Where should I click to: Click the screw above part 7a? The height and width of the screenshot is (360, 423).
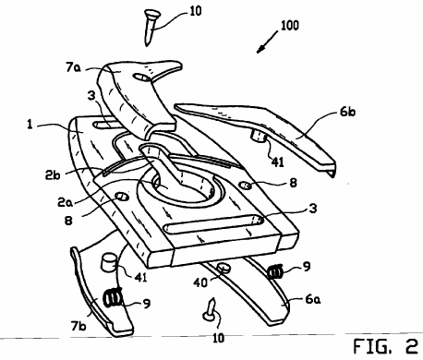click(151, 27)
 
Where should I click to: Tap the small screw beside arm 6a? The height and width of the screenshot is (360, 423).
click(210, 310)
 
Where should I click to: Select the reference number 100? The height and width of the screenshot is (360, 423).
click(289, 26)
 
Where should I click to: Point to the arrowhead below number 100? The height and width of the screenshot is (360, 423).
click(260, 49)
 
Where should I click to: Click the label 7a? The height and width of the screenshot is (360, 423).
click(73, 67)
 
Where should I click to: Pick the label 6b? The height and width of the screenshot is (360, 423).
click(347, 112)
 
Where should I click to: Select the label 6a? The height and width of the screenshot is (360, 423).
click(313, 299)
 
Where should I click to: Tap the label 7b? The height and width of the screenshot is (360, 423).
click(79, 326)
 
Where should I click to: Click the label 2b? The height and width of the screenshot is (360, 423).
click(53, 174)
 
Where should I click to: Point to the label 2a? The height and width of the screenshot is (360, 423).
click(65, 202)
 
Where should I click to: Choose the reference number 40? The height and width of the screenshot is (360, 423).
click(200, 282)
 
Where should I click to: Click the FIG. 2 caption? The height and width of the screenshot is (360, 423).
click(385, 346)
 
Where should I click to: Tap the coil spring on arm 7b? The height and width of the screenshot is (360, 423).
click(112, 298)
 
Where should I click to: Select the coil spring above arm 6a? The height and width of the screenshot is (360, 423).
click(274, 271)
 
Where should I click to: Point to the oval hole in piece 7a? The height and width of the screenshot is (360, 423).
click(141, 78)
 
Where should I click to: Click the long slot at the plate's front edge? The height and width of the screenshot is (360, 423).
click(213, 224)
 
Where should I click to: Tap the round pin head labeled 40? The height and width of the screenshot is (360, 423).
click(224, 268)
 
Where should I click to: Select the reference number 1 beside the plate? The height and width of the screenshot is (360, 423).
click(30, 125)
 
